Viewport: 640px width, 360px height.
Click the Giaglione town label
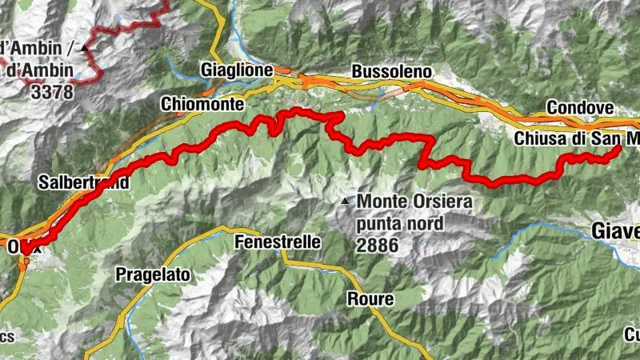tap(238, 70)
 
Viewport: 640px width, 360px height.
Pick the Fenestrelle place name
tap(278, 242)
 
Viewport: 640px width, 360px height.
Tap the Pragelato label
tap(154, 274)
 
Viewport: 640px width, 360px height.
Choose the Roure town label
tap(370, 299)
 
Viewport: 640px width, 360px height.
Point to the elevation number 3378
tap(53, 92)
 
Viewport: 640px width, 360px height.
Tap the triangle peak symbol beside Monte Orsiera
tap(345, 201)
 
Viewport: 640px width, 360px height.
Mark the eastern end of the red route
tap(618, 149)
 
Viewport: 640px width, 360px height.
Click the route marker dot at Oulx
tap(26, 260)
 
